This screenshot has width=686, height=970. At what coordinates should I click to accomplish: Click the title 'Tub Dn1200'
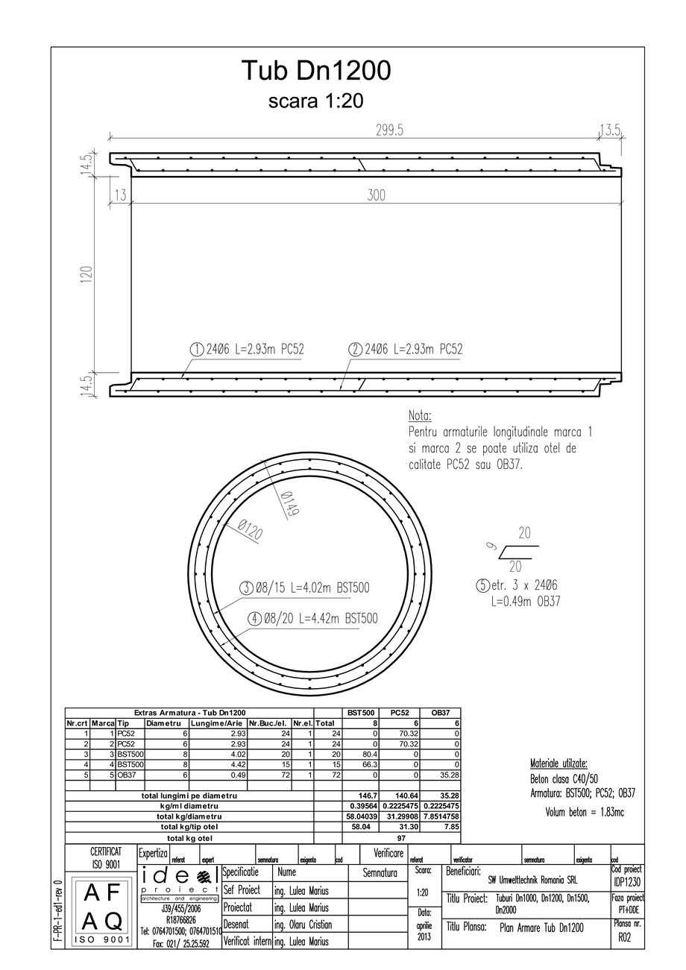tap(315, 72)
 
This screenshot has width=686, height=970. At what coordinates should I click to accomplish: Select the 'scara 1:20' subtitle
tap(315, 101)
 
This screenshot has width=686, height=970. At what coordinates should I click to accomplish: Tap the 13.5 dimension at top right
tap(610, 130)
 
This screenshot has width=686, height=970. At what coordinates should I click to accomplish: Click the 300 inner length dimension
tap(377, 195)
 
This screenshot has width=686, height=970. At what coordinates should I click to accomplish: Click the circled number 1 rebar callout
tap(197, 349)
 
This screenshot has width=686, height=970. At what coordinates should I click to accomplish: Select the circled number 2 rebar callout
tap(356, 349)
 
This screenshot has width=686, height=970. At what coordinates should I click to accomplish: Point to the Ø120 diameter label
tap(251, 531)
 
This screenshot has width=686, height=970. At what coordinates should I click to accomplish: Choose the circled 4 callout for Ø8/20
tap(254, 618)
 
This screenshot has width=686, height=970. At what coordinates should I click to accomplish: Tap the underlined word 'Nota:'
tap(420, 415)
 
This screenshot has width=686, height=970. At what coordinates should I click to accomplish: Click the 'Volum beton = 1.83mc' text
tap(585, 812)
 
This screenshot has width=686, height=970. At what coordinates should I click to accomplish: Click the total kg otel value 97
tap(400, 838)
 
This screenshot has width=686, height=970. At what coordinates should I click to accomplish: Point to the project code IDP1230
tap(627, 881)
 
